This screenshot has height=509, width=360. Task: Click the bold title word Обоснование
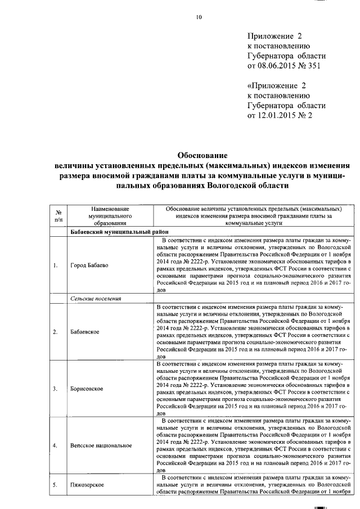pyautogui.click(x=201, y=155)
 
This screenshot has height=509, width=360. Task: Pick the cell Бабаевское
pyautogui.click(x=85, y=331)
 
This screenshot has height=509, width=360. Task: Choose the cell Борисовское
pyautogui.click(x=87, y=389)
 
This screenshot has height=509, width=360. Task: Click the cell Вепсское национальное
pyautogui.click(x=101, y=445)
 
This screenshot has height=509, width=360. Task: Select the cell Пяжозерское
pyautogui.click(x=88, y=484)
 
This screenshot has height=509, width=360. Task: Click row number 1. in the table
pyautogui.click(x=56, y=265)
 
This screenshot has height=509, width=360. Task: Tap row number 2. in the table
pyautogui.click(x=56, y=331)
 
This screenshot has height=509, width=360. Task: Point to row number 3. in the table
pyautogui.click(x=56, y=389)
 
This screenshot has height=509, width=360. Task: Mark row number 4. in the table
pyautogui.click(x=56, y=445)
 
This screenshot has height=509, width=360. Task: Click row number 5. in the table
pyautogui.click(x=56, y=484)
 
